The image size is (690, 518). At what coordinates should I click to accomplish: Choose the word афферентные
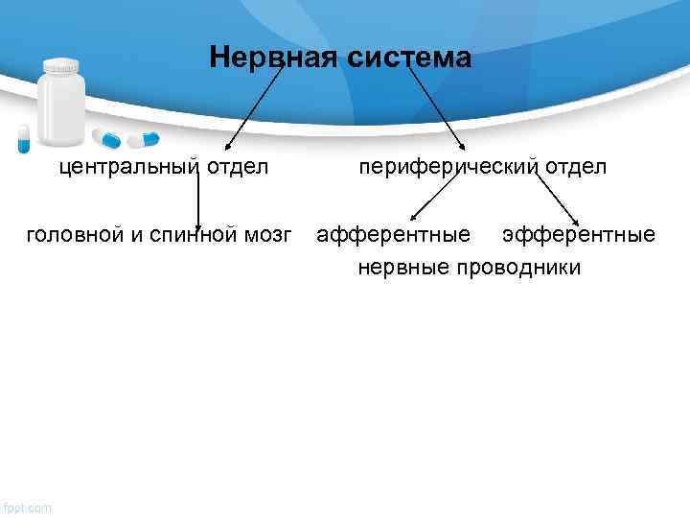[394, 234]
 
